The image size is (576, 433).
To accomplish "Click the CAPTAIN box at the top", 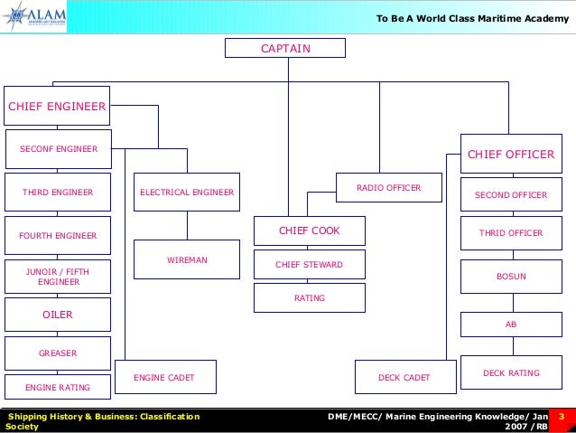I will coord(285,48).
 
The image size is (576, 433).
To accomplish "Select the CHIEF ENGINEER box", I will coord(57,107).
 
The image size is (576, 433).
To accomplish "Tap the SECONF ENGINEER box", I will coord(59,148).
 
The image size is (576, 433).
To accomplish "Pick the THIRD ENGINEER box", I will coord(57,192).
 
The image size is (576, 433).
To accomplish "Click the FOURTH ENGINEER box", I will coord(57,235).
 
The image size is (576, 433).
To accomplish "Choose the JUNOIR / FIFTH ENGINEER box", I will coord(57,277).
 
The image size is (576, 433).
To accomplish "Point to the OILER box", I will coord(57,315).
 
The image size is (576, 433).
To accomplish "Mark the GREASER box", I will coord(57,353).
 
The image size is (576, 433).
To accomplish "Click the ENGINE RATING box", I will coord(57,387).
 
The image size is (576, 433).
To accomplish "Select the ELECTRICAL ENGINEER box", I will coord(187,192).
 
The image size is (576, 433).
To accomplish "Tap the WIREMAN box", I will coord(187,259).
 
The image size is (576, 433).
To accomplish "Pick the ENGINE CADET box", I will coord(163,377).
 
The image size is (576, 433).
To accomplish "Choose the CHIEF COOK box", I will coord(309,231).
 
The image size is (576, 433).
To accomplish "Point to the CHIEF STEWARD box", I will coord(309,264).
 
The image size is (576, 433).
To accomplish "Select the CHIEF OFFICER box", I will coord(510,155).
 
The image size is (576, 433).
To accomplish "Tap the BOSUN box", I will coord(510,277).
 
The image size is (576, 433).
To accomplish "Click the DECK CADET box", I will coord(404,377).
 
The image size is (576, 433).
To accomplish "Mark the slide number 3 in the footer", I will coord(562,417).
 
